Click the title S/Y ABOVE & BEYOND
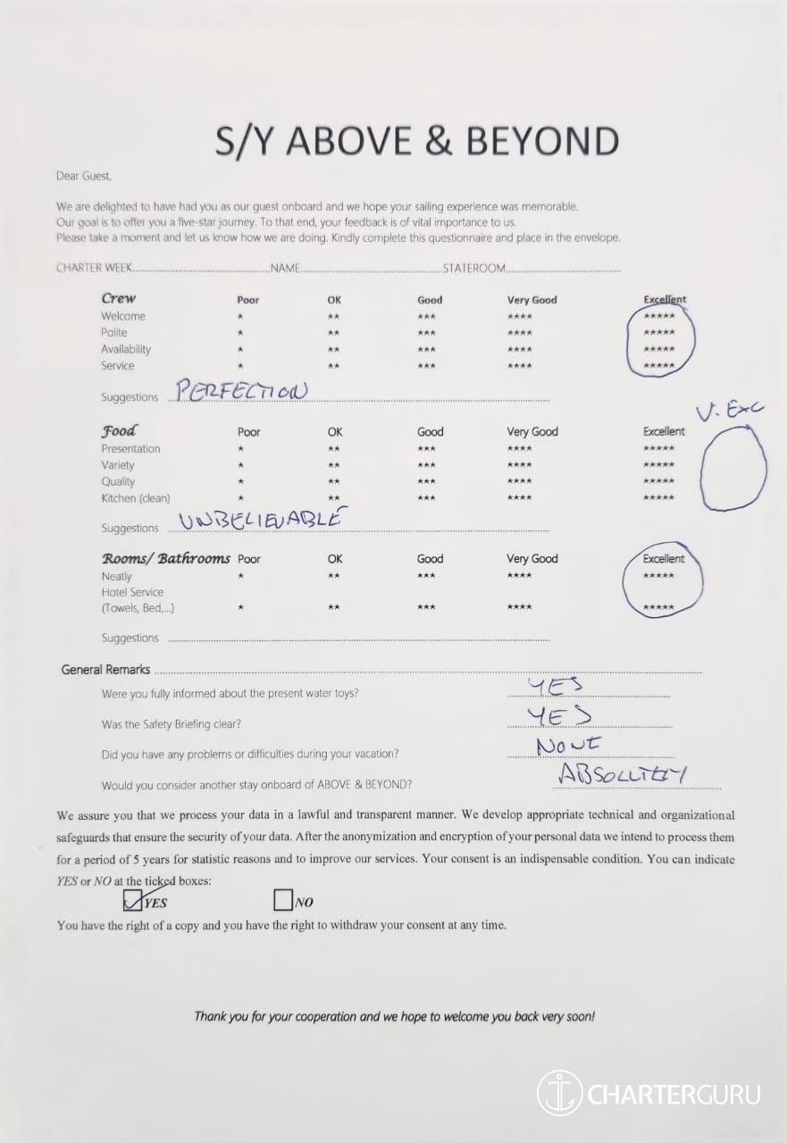416,141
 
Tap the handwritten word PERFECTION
241,391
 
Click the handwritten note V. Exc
731,412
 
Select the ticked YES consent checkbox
133,899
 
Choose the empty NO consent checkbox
282,899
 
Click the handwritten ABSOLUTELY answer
622,774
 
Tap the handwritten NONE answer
568,745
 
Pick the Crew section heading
119,298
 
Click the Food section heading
119,430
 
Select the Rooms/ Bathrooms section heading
165,558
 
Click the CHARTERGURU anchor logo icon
559,1093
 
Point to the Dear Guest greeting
84,176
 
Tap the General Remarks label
105,670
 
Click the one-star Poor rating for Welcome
239,317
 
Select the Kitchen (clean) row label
135,498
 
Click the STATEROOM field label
474,268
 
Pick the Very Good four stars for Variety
519,465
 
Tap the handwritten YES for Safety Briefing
558,716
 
